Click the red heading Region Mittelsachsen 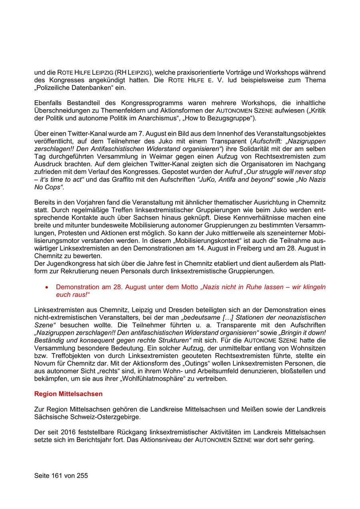click(x=68, y=394)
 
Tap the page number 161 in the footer click(x=58, y=476)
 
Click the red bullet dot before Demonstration click(x=47, y=287)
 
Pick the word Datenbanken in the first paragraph click(x=87, y=88)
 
